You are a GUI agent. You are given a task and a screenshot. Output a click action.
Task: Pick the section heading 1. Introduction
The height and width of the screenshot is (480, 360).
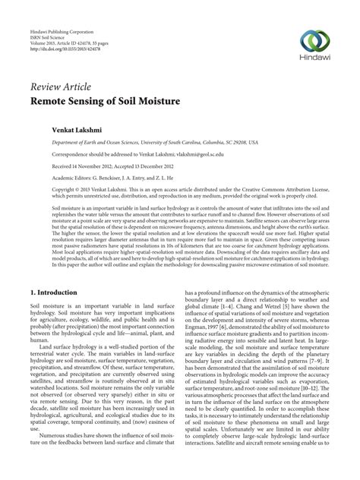pos(62,270)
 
